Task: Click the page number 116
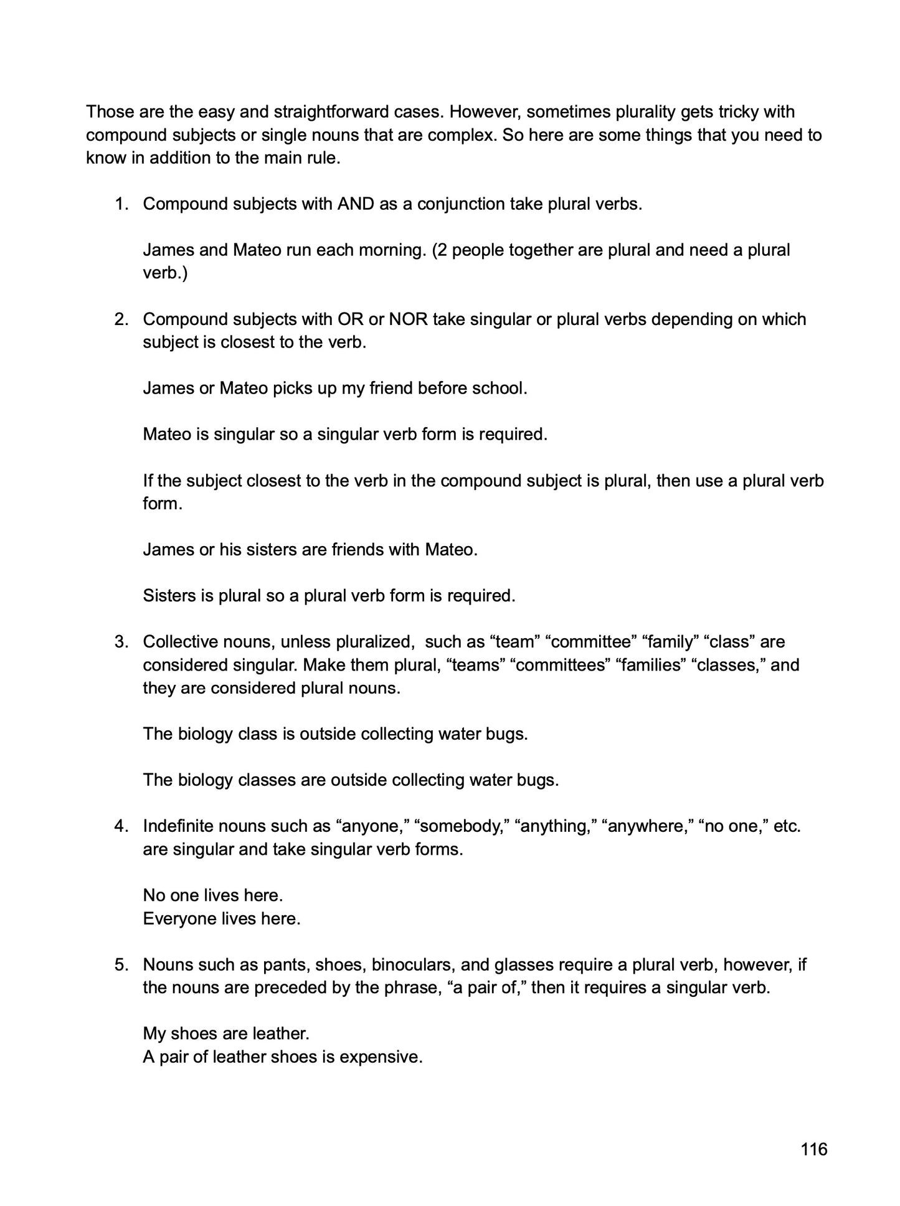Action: coord(813,1149)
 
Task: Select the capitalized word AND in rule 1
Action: coord(356,204)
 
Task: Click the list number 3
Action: coord(121,642)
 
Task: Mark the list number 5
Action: coord(121,965)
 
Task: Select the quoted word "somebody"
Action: coord(462,827)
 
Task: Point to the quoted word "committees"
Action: coord(559,665)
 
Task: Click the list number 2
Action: coord(121,319)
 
